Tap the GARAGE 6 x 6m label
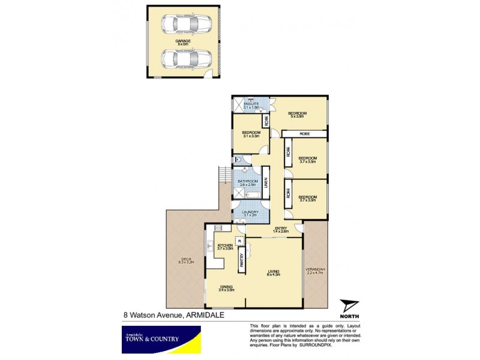(x=182, y=42)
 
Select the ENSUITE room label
(x=251, y=106)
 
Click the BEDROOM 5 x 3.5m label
(x=297, y=115)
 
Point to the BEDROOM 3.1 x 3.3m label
(x=251, y=134)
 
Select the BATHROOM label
(x=247, y=182)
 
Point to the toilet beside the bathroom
(x=238, y=160)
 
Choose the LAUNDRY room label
(x=250, y=213)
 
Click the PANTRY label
(x=242, y=259)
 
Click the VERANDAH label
(x=315, y=271)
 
